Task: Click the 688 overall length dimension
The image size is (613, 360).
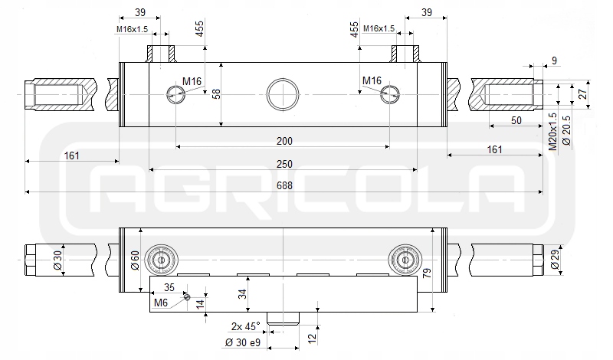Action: point(284,185)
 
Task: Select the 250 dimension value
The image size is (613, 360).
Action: point(284,164)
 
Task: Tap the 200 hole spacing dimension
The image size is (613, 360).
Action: point(284,141)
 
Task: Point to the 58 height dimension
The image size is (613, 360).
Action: point(216,93)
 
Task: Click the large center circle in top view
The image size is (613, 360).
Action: point(283,94)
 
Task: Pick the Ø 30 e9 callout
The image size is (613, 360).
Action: point(243,343)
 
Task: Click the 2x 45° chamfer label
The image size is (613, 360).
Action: point(245,326)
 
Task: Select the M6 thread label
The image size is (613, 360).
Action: point(161,303)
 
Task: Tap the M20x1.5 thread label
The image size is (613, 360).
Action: point(552,131)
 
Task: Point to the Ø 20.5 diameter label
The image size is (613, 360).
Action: point(566,130)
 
